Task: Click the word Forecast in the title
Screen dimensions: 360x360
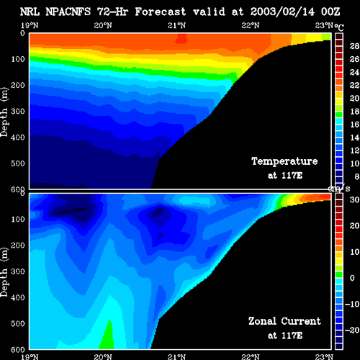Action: [x=161, y=12]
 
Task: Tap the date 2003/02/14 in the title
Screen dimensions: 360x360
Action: [x=282, y=12]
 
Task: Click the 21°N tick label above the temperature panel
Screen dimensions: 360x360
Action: [x=176, y=25]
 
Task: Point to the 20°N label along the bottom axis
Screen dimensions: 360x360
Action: [x=103, y=357]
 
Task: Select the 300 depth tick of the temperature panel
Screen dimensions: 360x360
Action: [x=18, y=112]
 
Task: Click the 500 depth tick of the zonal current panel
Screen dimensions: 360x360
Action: [x=18, y=323]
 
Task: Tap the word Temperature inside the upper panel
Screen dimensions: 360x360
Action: [x=284, y=161]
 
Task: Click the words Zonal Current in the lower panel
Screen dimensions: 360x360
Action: [x=284, y=321]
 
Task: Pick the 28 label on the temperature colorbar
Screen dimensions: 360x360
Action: [x=354, y=46]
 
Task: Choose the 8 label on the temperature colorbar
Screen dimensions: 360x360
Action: [x=357, y=176]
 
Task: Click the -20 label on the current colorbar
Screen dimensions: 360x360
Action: [x=352, y=330]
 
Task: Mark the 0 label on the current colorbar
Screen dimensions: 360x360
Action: [x=352, y=278]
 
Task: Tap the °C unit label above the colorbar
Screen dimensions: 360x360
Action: [x=339, y=27]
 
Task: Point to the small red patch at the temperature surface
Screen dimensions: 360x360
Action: [x=181, y=38]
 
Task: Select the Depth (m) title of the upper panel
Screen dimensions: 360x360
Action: [x=4, y=112]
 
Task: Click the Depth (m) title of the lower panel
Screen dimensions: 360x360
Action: [x=4, y=272]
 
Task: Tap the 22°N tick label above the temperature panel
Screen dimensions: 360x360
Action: [x=251, y=25]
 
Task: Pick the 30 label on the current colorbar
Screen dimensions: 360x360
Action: [x=354, y=199]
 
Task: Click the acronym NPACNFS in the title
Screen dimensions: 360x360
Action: [x=68, y=12]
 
